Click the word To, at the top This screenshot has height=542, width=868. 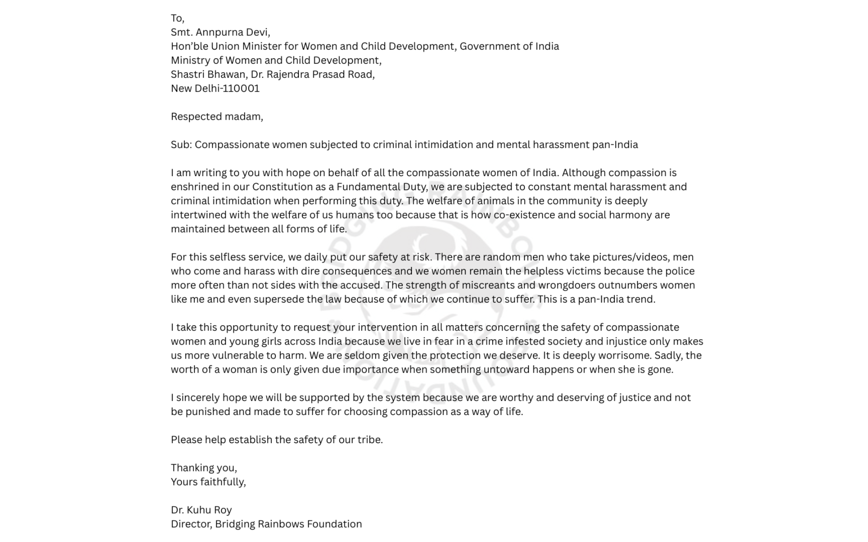click(178, 19)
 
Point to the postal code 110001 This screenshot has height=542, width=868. click(241, 89)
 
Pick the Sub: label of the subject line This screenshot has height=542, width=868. click(181, 145)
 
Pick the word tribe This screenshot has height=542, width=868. click(370, 440)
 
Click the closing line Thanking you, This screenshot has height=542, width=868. click(203, 468)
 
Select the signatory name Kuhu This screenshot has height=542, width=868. click(199, 510)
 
